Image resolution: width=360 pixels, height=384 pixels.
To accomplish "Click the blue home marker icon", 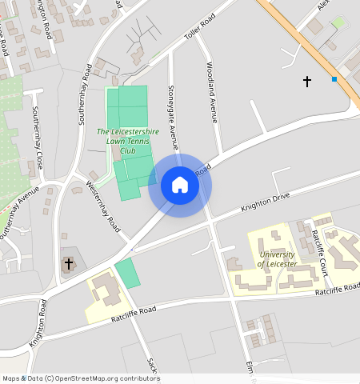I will [x=180, y=185].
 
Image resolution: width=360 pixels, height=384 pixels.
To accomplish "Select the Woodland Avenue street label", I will [x=213, y=91].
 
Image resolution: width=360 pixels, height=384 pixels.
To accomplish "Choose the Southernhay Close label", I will [x=37, y=139].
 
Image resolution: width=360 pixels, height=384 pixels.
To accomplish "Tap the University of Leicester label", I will [x=278, y=258].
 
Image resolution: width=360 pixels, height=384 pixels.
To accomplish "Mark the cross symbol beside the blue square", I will [x=306, y=81].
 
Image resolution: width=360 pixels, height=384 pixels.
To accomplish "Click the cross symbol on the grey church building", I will [x=69, y=262].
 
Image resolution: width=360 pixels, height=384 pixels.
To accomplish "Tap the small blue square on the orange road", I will [x=334, y=78].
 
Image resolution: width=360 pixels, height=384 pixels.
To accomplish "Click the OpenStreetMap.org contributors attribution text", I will [x=108, y=378].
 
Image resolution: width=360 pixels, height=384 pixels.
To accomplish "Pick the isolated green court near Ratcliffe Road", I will [x=127, y=273].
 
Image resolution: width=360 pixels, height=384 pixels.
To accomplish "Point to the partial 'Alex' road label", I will [x=322, y=5].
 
